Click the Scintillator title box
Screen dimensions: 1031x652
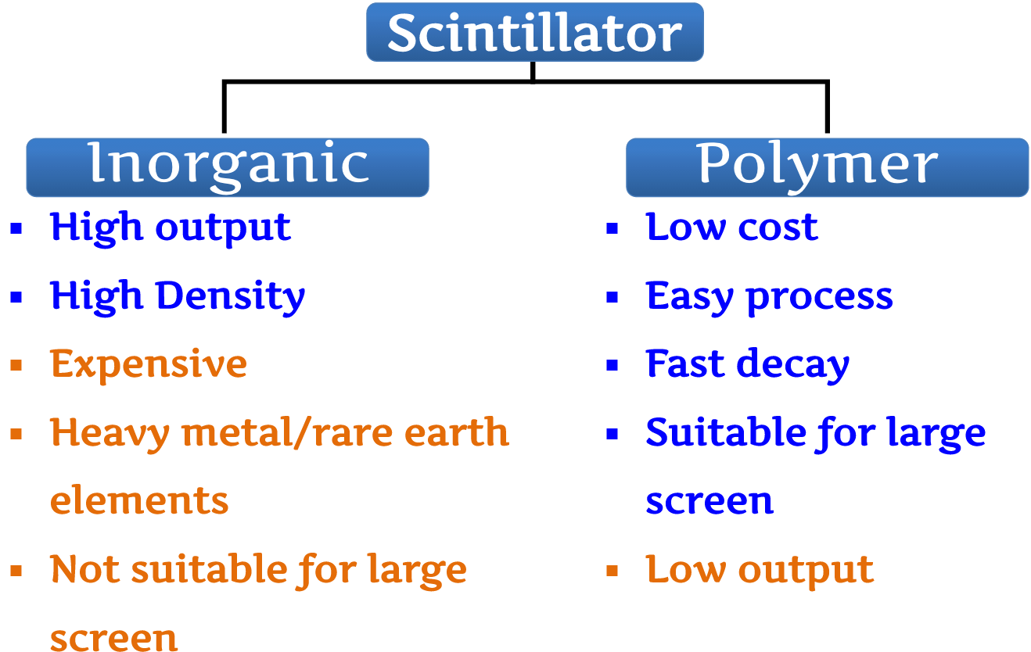[x=535, y=32]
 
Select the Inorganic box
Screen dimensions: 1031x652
[x=228, y=167]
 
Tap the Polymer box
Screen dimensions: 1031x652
[x=827, y=167]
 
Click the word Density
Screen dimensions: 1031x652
[x=231, y=297]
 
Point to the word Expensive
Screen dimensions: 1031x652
[x=149, y=366]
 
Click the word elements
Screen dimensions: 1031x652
[x=139, y=500]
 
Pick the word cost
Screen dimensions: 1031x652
[x=778, y=227]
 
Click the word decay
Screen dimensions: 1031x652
[x=793, y=366]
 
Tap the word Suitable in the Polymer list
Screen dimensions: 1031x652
[x=726, y=432]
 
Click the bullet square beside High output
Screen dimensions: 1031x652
[x=16, y=229]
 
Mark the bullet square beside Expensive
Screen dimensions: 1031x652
[x=16, y=365]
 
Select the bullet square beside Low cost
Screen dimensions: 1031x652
[x=612, y=229]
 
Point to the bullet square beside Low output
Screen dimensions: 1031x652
[x=612, y=571]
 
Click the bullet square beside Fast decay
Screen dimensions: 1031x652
[x=612, y=365]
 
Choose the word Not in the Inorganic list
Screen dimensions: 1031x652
[x=85, y=568]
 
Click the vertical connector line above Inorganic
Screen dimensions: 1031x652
[x=225, y=107]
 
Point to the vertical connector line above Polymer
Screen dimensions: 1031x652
[x=827, y=107]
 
